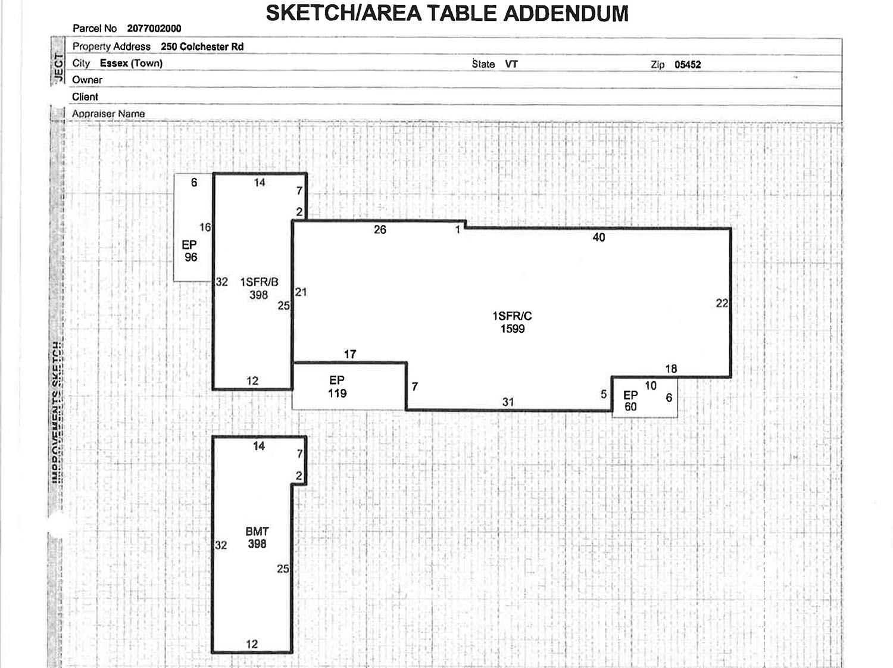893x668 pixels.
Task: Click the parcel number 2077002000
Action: click(x=154, y=29)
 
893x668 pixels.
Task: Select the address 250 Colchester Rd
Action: click(x=202, y=46)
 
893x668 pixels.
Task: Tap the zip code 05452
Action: click(x=688, y=65)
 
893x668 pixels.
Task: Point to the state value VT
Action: click(x=511, y=64)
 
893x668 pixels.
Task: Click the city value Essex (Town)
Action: click(x=131, y=63)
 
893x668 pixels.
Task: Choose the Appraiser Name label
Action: click(x=108, y=114)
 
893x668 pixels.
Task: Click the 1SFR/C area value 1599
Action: click(x=512, y=329)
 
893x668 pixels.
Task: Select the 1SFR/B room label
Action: click(x=259, y=282)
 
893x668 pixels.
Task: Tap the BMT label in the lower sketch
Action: click(x=257, y=531)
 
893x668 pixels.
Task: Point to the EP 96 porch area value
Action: click(x=191, y=257)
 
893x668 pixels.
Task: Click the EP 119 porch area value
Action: click(x=337, y=393)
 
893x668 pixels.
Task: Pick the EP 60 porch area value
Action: click(x=630, y=407)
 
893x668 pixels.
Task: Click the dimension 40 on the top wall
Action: click(x=598, y=238)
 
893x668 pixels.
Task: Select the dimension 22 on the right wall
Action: click(x=722, y=303)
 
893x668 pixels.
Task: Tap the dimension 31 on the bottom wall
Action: click(x=508, y=402)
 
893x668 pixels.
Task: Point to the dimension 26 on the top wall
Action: click(x=380, y=230)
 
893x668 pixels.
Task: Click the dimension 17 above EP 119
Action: click(x=350, y=354)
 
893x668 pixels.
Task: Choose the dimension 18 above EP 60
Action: click(x=671, y=369)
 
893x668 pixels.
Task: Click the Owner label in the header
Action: click(x=87, y=80)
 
